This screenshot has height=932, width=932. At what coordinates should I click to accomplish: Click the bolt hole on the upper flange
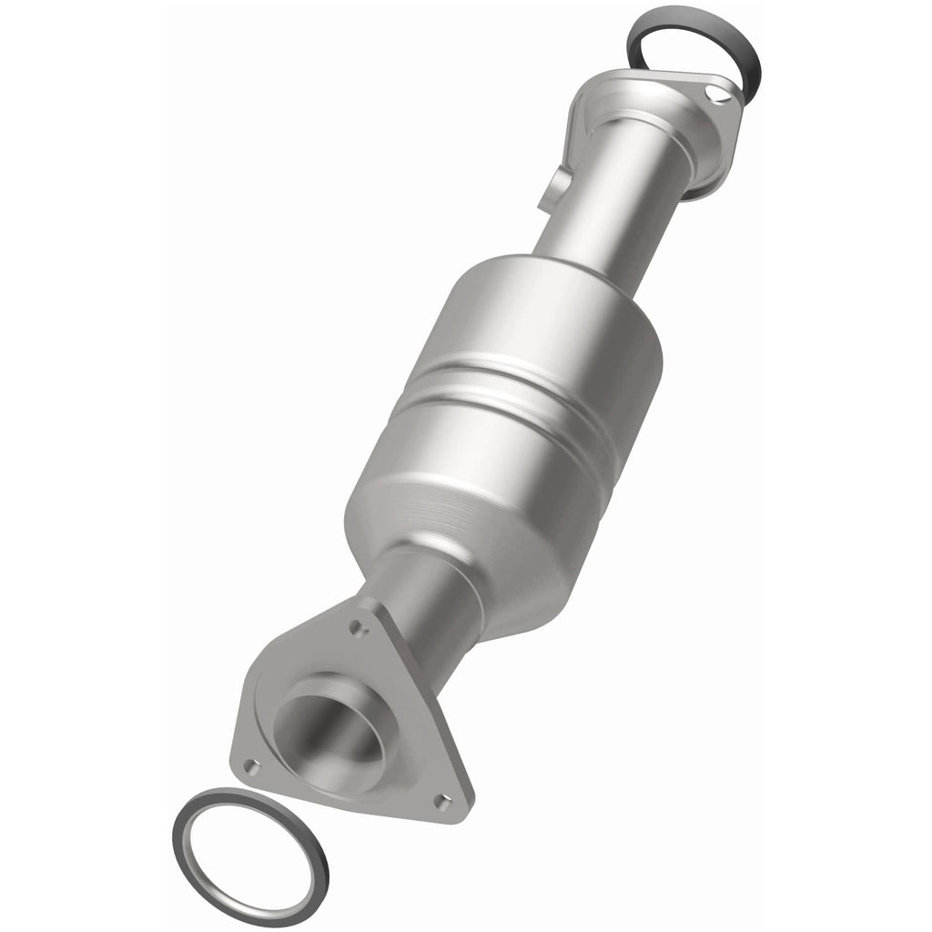[719, 97]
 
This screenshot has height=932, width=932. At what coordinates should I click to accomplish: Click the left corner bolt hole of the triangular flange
[251, 766]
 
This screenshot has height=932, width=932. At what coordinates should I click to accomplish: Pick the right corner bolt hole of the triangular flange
[441, 802]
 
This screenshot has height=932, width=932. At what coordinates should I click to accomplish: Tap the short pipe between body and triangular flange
[428, 601]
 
